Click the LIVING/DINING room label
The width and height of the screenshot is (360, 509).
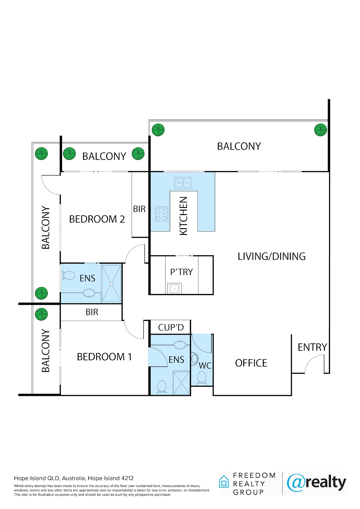point(271,256)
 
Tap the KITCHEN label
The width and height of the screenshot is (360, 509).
point(183,216)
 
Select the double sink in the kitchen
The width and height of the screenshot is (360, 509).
point(183,183)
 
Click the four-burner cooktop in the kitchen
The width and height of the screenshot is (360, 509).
point(161,214)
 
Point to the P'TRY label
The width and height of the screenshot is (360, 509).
point(181,272)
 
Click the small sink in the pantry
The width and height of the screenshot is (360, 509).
point(175,288)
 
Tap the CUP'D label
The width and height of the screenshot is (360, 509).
point(171,327)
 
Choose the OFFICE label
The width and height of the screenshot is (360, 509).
point(251,363)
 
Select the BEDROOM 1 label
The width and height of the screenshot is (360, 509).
point(104,357)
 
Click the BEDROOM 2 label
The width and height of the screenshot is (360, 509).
point(97,219)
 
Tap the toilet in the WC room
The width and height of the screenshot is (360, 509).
point(202,379)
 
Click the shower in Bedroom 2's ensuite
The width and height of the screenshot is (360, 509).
point(111,283)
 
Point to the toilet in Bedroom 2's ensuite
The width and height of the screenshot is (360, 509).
point(68,275)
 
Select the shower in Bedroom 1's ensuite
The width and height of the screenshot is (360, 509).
point(181,383)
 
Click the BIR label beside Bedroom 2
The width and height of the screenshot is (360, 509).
point(139,209)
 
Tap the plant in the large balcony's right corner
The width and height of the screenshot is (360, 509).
point(320,130)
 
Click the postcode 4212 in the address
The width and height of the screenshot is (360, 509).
point(127,478)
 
